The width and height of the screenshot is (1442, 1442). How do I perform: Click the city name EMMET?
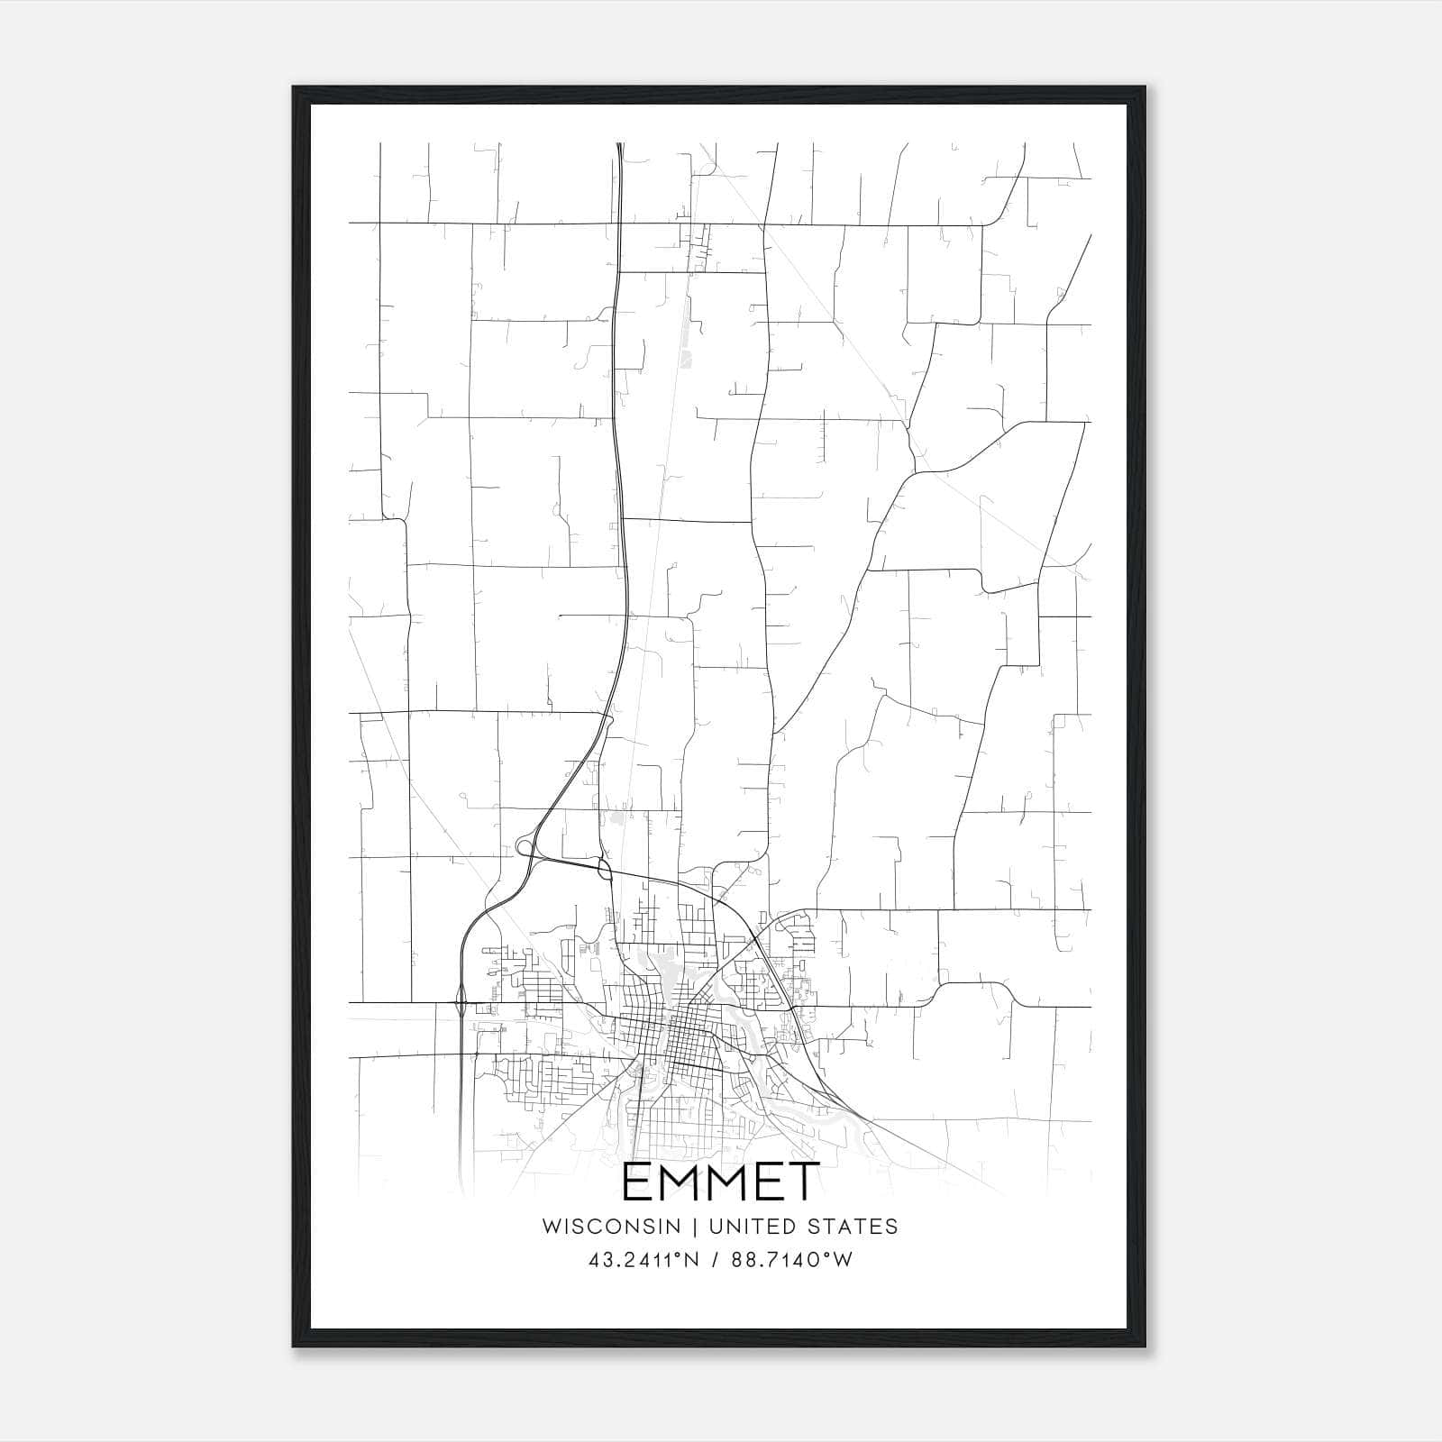720,1182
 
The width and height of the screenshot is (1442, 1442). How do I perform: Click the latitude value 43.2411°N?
643,1260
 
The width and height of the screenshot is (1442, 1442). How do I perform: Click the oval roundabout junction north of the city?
604,870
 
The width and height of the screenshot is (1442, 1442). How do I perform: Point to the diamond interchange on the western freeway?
461,1000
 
